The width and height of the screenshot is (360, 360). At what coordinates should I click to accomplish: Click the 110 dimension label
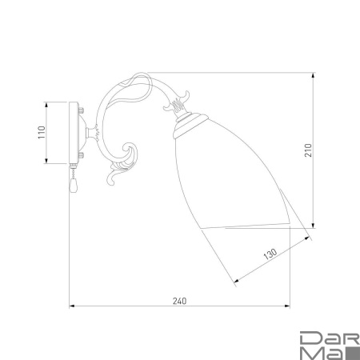(42, 132)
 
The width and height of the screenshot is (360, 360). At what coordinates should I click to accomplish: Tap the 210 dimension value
(308, 150)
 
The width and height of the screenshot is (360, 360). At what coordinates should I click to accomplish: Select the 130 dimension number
(270, 254)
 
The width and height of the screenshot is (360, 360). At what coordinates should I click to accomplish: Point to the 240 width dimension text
(179, 301)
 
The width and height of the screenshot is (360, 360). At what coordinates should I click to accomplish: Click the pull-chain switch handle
(73, 185)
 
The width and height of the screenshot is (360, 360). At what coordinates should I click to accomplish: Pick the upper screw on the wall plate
(81, 110)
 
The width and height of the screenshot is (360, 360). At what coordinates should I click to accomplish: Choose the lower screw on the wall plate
(81, 155)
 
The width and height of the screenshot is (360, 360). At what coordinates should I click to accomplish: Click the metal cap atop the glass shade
(190, 124)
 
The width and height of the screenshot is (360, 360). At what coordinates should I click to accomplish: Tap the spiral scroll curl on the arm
(130, 153)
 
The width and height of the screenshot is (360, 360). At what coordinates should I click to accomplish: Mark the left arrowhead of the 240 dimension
(72, 306)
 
